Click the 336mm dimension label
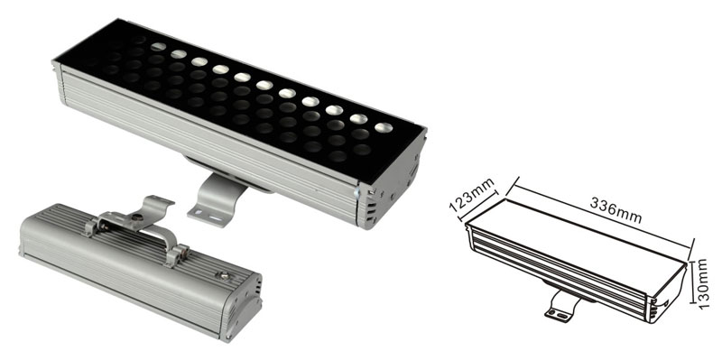pyautogui.click(x=616, y=210)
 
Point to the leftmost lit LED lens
pyautogui.click(x=158, y=47)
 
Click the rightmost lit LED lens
pyautogui.click(x=383, y=127)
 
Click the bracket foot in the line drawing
pyautogui.click(x=561, y=306)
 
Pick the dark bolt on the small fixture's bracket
pyautogui.click(x=136, y=217)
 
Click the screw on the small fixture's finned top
pyautogui.click(x=224, y=276)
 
